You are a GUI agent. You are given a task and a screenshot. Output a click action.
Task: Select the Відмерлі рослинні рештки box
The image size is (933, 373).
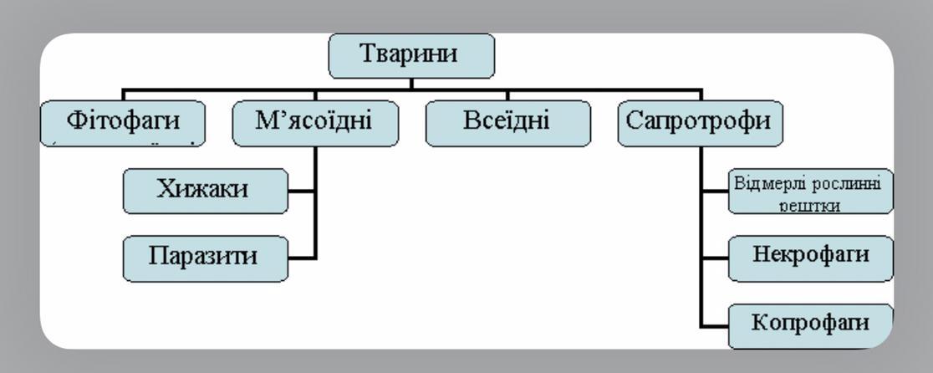[x=798, y=192]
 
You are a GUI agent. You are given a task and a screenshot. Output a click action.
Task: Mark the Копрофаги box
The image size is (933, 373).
[x=798, y=325]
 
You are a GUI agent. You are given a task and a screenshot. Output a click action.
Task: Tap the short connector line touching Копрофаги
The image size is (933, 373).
[x=715, y=324]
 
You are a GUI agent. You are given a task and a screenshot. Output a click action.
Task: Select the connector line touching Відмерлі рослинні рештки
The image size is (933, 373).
[x=715, y=192]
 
